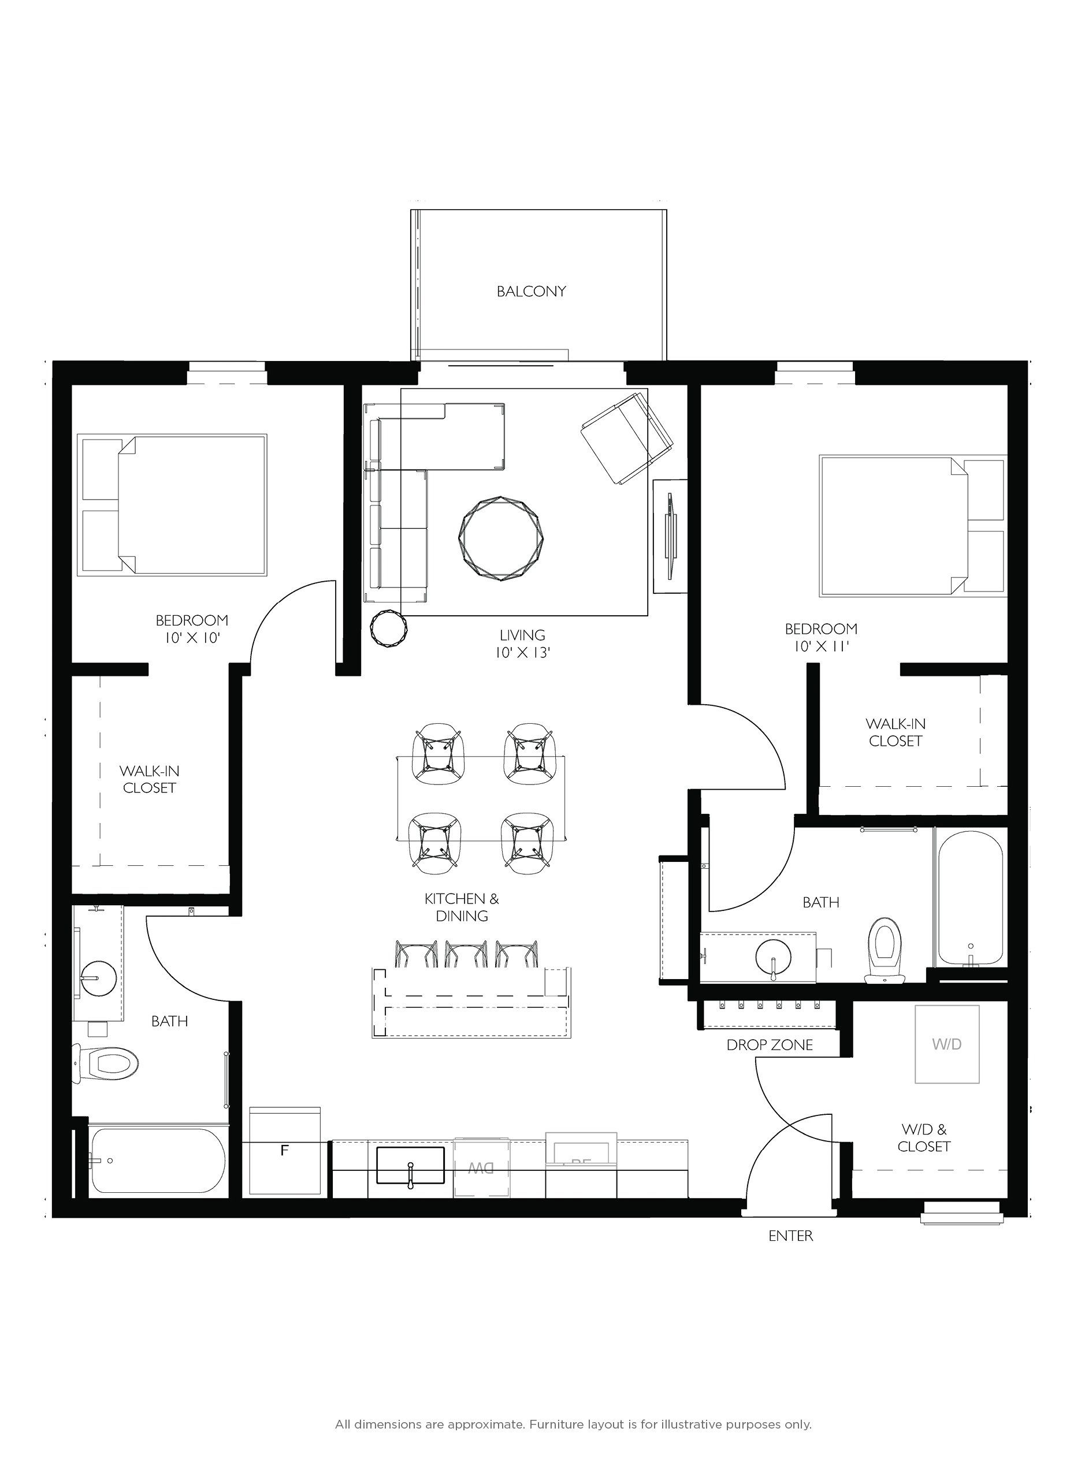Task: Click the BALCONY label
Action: (x=531, y=291)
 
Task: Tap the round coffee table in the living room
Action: (x=503, y=538)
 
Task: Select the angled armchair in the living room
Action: (x=627, y=437)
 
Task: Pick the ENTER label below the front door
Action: (x=790, y=1236)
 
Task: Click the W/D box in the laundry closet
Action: (x=946, y=1044)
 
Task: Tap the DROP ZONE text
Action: (x=769, y=1045)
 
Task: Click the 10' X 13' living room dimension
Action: (x=522, y=653)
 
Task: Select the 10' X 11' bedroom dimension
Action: (x=821, y=646)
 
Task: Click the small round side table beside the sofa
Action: (x=389, y=628)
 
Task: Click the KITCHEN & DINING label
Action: (x=461, y=907)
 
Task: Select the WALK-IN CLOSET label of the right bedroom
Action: (x=895, y=732)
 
